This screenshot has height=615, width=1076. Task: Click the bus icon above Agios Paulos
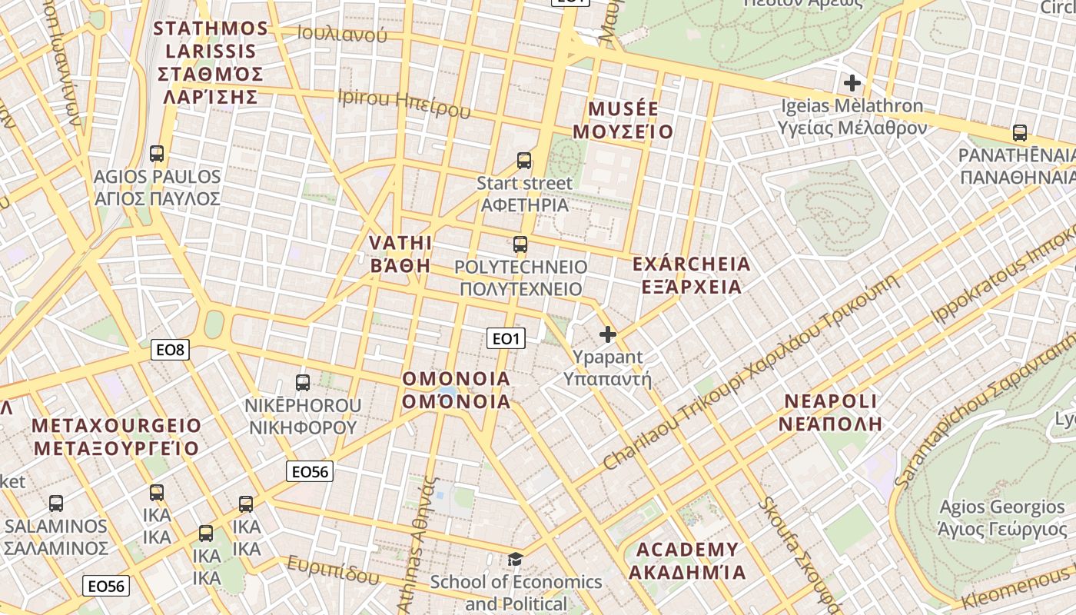click(x=157, y=154)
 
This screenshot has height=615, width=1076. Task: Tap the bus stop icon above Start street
click(x=524, y=161)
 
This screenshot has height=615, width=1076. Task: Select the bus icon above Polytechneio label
click(x=520, y=244)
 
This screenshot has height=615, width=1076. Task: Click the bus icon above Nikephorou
click(x=303, y=382)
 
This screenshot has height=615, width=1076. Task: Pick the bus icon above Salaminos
click(x=56, y=504)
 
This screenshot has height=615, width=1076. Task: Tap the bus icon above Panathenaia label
click(x=1020, y=133)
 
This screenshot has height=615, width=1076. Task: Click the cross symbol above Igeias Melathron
click(x=852, y=82)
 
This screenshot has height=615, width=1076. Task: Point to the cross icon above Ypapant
click(x=608, y=334)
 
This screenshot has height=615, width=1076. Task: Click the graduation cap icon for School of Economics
click(x=515, y=559)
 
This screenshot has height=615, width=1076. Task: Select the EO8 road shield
click(x=171, y=351)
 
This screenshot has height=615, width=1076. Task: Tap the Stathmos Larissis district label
click(x=211, y=63)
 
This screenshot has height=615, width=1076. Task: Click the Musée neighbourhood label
click(x=623, y=120)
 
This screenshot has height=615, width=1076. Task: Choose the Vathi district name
click(x=400, y=254)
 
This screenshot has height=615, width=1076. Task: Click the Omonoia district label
click(x=457, y=390)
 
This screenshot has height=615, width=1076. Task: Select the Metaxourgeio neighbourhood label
click(x=117, y=437)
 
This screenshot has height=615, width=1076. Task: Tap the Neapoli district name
click(x=830, y=412)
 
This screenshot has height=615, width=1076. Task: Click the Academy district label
click(x=687, y=560)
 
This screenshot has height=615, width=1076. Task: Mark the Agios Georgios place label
click(x=1002, y=518)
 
